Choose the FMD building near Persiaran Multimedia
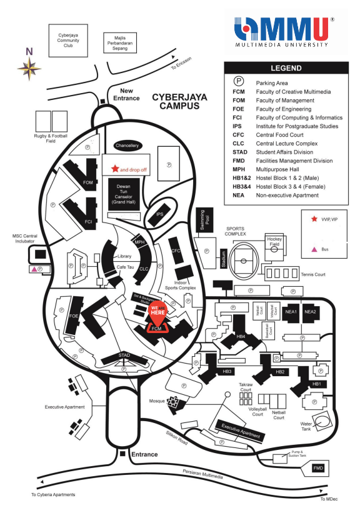click(319, 467)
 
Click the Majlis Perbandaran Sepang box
click(118, 44)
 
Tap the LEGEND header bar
click(286, 69)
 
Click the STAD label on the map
click(124, 356)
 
